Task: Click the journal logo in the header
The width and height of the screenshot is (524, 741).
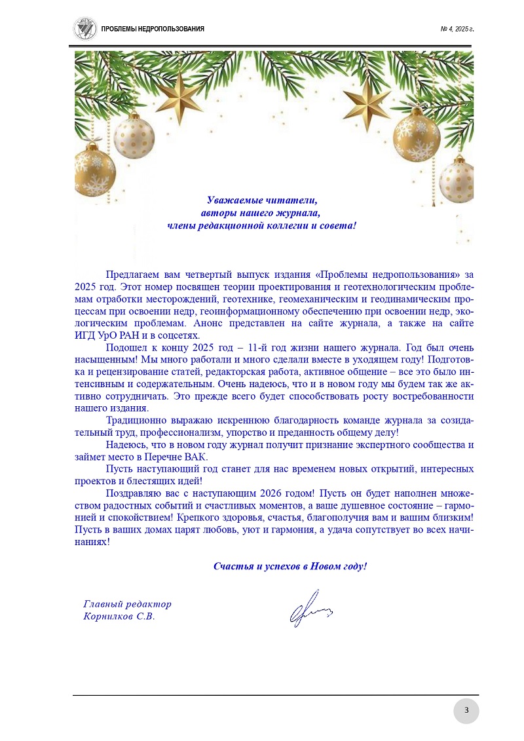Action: point(84,28)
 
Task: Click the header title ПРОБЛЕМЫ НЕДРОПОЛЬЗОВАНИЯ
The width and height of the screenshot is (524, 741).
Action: point(153,29)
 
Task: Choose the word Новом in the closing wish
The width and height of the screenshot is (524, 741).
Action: point(326,566)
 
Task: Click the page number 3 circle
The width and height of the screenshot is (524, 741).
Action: point(466,711)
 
